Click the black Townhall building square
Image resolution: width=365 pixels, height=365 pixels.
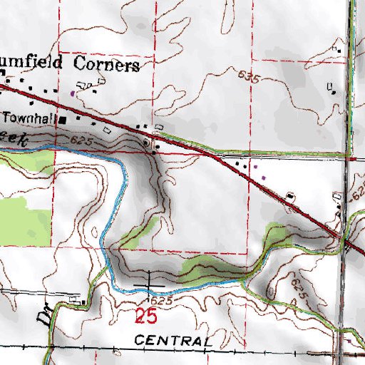pyautogui.click(x=62, y=119)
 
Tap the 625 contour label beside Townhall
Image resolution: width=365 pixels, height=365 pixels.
pyautogui.click(x=83, y=143)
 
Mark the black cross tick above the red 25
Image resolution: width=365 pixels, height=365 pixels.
pyautogui.click(x=150, y=284)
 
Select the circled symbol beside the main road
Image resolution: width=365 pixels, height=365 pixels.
pyautogui.click(x=148, y=143)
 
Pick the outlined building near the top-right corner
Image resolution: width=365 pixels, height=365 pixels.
pyautogui.click(x=331, y=88)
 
